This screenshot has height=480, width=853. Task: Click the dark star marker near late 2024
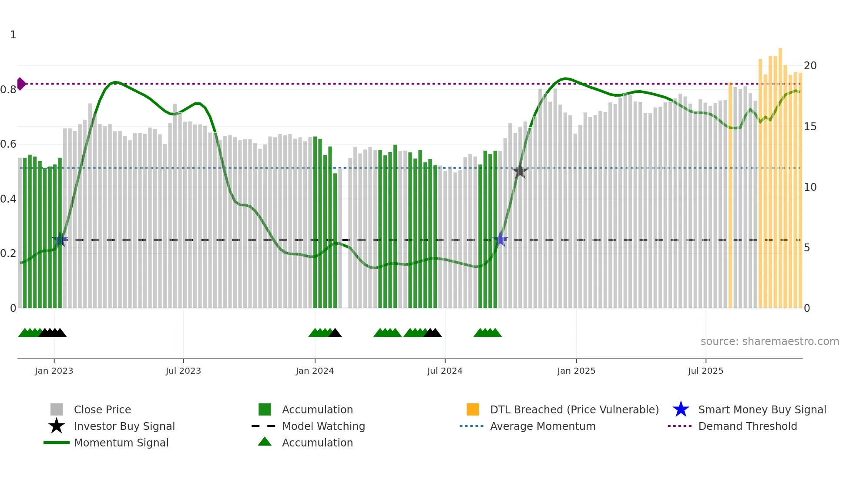pos(520,171)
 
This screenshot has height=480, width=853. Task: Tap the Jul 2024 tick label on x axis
pos(445,371)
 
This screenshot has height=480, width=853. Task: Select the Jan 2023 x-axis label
pos(54,371)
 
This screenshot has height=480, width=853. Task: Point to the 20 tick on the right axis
pos(810,66)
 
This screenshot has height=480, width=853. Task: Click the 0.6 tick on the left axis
pos(9,144)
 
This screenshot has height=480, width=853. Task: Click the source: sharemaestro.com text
pos(769,341)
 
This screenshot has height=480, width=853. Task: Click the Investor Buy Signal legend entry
pos(124,426)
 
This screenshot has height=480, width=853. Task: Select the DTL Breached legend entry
pos(574,409)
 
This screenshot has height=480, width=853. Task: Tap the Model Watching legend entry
pos(323,426)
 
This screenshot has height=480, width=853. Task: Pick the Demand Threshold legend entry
pos(747,426)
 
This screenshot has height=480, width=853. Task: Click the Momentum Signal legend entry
pos(121,443)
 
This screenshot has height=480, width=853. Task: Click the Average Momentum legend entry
pos(542,426)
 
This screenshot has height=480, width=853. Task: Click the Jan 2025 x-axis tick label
pos(576,371)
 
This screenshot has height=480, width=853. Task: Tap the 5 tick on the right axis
pos(807,248)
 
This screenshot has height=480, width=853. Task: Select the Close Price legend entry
pos(102,409)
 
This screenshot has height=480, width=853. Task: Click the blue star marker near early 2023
pos(60,239)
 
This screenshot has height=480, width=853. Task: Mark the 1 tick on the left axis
pos(13,35)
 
